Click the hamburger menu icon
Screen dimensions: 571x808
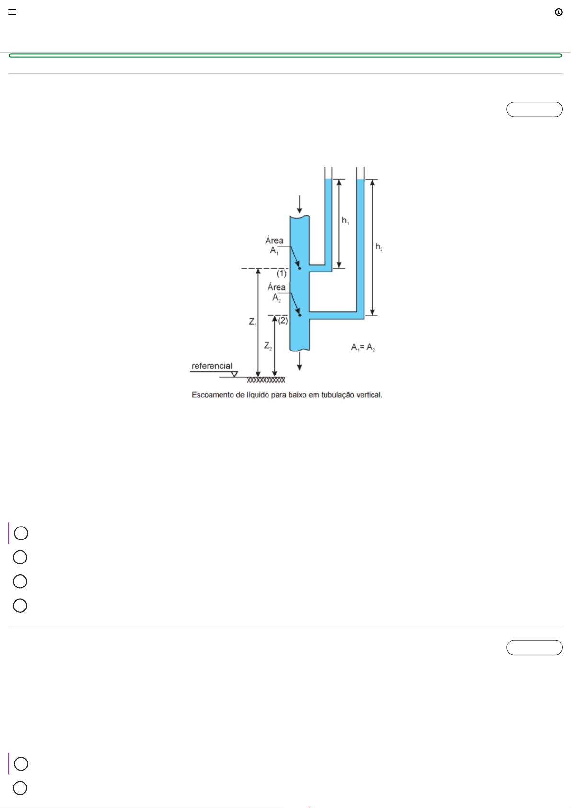click(x=12, y=12)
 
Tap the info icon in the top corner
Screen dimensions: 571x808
click(x=559, y=12)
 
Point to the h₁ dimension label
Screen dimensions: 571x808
click(x=345, y=221)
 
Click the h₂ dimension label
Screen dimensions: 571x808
click(x=379, y=247)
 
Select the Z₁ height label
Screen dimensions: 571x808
click(x=253, y=322)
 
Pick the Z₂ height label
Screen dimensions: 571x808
click(x=268, y=346)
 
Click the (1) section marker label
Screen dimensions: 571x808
click(x=282, y=274)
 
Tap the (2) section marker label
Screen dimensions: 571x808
click(x=283, y=320)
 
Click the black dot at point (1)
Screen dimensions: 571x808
click(x=299, y=269)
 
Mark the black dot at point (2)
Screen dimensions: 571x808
click(x=300, y=315)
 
